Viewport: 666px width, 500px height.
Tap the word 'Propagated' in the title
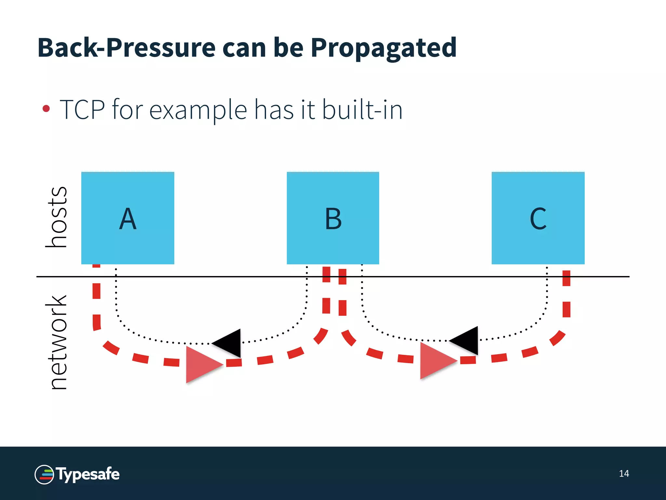[x=383, y=48]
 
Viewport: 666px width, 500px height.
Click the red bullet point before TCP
[x=46, y=108]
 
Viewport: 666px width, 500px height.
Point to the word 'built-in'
[x=362, y=110]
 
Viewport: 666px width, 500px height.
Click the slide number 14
[x=624, y=474]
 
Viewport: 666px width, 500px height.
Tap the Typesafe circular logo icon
[x=44, y=475]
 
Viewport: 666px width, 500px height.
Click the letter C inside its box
[x=538, y=219]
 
